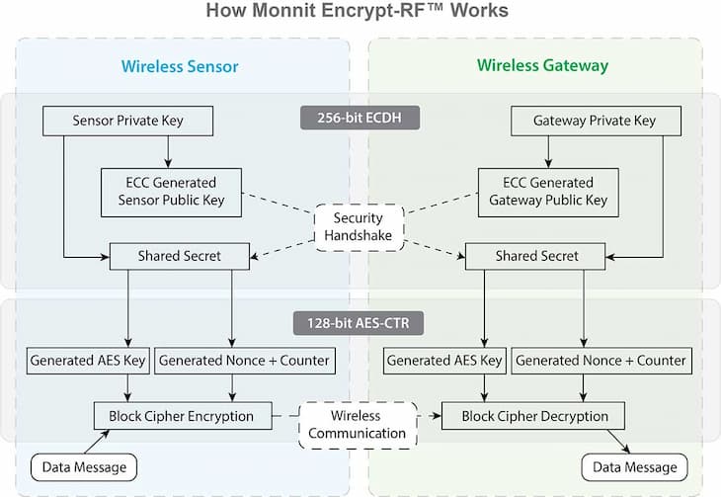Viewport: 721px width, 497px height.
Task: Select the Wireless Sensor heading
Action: pyautogui.click(x=180, y=66)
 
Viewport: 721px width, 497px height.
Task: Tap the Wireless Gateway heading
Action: pyautogui.click(x=542, y=66)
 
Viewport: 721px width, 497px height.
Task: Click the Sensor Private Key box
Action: pyautogui.click(x=128, y=122)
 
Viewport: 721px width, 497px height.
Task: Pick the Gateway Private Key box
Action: pyautogui.click(x=595, y=122)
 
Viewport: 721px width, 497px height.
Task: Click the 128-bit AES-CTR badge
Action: pyautogui.click(x=360, y=323)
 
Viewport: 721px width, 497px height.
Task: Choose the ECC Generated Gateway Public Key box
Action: pyautogui.click(x=548, y=191)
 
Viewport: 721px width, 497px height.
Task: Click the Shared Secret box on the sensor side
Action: pyautogui.click(x=179, y=256)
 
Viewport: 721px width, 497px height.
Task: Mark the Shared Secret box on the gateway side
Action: pyautogui.click(x=536, y=256)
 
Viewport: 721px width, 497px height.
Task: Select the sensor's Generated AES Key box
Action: pyautogui.click(x=88, y=360)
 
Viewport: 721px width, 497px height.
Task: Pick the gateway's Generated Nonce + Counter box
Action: pyautogui.click(x=601, y=360)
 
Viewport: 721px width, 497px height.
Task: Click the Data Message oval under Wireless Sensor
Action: pyautogui.click(x=85, y=466)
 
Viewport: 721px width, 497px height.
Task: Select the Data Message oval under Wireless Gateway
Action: pyautogui.click(x=634, y=466)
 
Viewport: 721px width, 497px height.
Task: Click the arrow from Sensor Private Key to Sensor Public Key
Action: pyautogui.click(x=169, y=150)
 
